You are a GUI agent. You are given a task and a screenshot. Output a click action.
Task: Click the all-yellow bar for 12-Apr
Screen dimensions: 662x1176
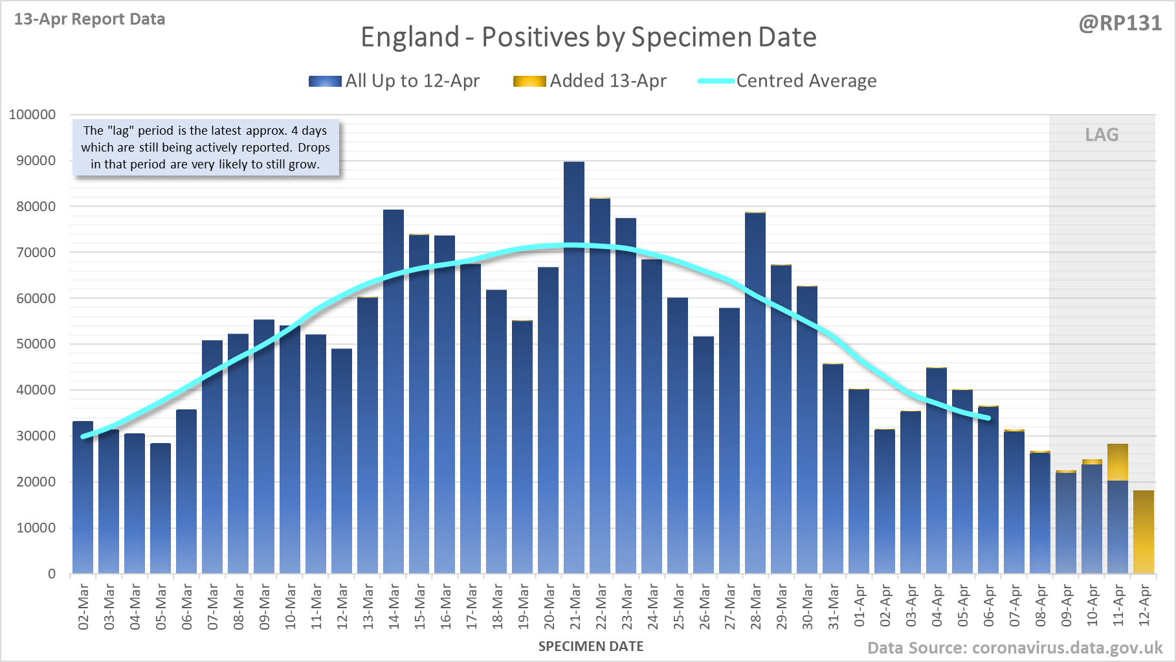pos(1144,532)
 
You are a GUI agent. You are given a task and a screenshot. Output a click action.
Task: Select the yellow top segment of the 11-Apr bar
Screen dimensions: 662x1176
pos(1118,462)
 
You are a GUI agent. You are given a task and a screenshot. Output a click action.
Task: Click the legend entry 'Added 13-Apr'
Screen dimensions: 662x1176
pos(590,81)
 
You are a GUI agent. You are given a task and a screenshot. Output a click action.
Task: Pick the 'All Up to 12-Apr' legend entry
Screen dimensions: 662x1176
pos(394,81)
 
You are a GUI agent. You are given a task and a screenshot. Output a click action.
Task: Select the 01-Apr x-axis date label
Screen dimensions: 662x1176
pos(860,606)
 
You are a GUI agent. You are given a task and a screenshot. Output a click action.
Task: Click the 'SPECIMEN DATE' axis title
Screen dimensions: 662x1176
pos(591,646)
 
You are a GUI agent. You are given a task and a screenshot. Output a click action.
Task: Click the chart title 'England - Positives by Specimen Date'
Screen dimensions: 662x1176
pos(588,37)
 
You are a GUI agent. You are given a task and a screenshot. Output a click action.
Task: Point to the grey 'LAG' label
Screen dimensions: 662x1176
pos(1102,135)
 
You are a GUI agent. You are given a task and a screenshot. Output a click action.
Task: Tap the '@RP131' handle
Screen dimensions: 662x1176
pos(1120,23)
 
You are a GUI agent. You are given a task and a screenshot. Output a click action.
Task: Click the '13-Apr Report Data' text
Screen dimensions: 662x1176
pos(90,19)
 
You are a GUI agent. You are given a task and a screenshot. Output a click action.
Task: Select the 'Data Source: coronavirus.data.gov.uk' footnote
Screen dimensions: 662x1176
pos(1015,648)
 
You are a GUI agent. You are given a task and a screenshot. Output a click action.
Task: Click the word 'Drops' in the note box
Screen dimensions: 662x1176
pos(314,148)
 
